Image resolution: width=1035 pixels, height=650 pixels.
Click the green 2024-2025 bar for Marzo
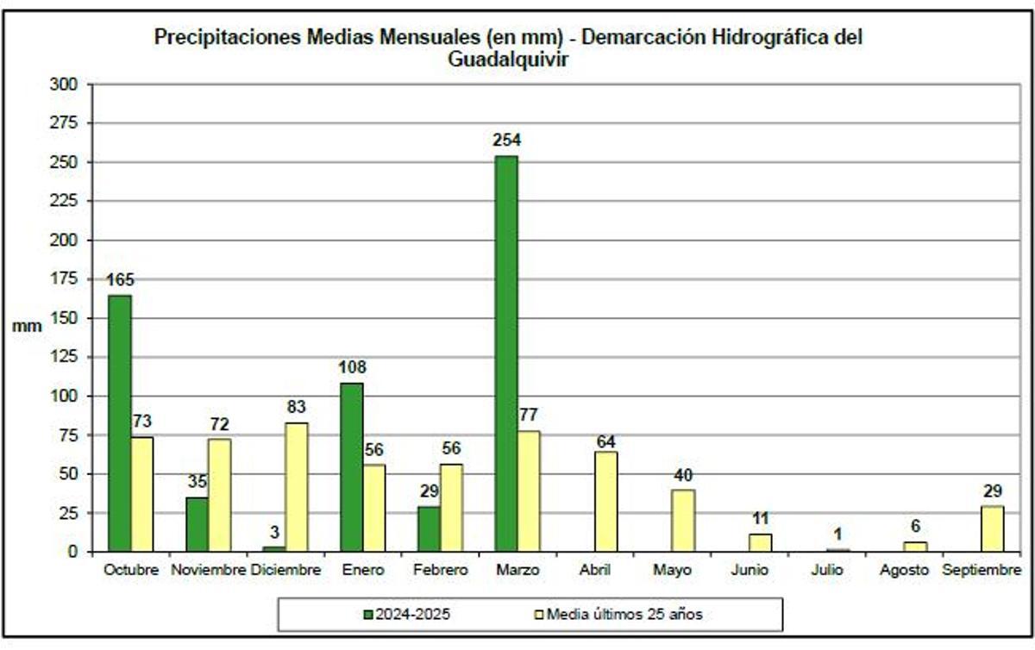[x=506, y=353]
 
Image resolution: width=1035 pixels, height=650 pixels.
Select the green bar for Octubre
[x=119, y=422]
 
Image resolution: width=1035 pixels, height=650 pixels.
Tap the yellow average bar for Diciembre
[x=296, y=487]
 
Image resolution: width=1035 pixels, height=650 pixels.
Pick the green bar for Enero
[x=351, y=467]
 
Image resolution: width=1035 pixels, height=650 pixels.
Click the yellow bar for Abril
[x=605, y=502]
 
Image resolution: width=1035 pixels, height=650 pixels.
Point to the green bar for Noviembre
[x=197, y=524]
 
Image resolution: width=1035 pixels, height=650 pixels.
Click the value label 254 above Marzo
[x=506, y=141]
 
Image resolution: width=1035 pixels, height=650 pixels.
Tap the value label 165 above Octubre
[x=119, y=280]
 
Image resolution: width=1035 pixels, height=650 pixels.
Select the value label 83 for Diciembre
[x=296, y=407]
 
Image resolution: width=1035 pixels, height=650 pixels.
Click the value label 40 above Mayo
[x=683, y=475]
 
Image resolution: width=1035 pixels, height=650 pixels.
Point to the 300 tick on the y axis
[x=66, y=84]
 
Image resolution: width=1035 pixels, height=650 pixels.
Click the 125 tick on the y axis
[x=66, y=357]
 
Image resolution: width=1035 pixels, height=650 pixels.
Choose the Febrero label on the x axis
[x=440, y=571]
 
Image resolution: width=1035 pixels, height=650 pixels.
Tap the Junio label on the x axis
[x=749, y=571]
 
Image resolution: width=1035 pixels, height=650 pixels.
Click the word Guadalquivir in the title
[x=508, y=59]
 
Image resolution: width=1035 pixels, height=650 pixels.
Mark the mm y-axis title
[x=22, y=327]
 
